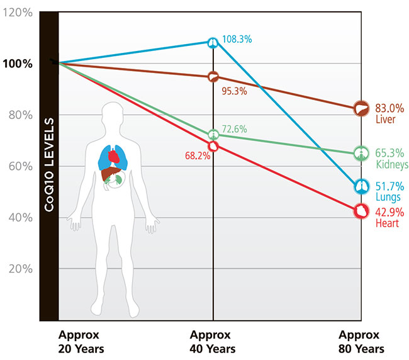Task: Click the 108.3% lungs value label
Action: point(237,40)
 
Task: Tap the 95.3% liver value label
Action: point(234,91)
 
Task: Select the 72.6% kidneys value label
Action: point(234,129)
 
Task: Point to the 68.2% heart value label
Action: point(198,155)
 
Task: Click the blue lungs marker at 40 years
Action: point(213,43)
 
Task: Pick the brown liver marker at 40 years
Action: point(213,77)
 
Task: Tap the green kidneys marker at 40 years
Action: point(213,135)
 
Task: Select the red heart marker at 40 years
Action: point(213,146)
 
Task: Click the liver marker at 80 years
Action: point(361,108)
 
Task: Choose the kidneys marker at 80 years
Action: point(361,154)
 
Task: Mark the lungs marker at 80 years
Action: point(361,186)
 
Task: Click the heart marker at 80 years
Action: point(361,211)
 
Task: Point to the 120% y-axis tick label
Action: point(18,12)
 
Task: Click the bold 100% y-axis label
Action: point(18,64)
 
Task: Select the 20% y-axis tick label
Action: point(21,269)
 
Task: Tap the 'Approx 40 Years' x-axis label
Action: point(212,342)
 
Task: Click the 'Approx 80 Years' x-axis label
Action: point(361,342)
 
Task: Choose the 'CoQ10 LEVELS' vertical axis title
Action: point(49,165)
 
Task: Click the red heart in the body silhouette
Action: point(113,156)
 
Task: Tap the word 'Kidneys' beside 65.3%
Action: point(392,164)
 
